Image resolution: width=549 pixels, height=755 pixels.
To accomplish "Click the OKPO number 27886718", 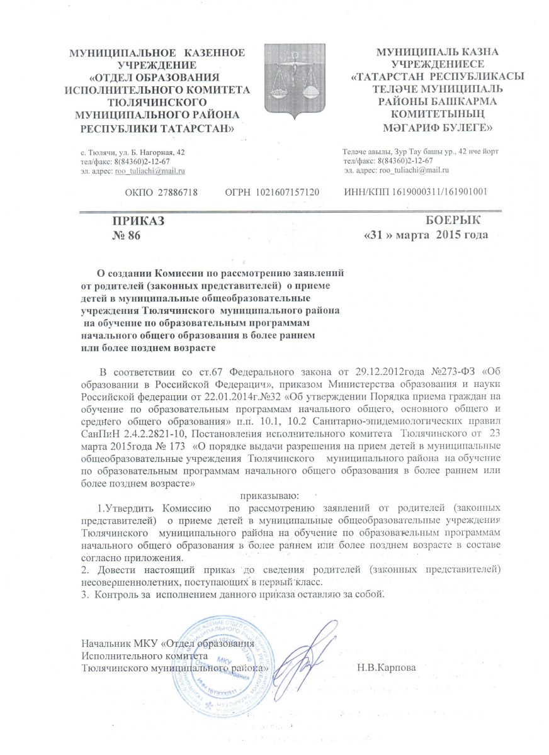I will click(x=162, y=191).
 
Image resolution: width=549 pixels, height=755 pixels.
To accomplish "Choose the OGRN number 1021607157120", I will click(x=273, y=191).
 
